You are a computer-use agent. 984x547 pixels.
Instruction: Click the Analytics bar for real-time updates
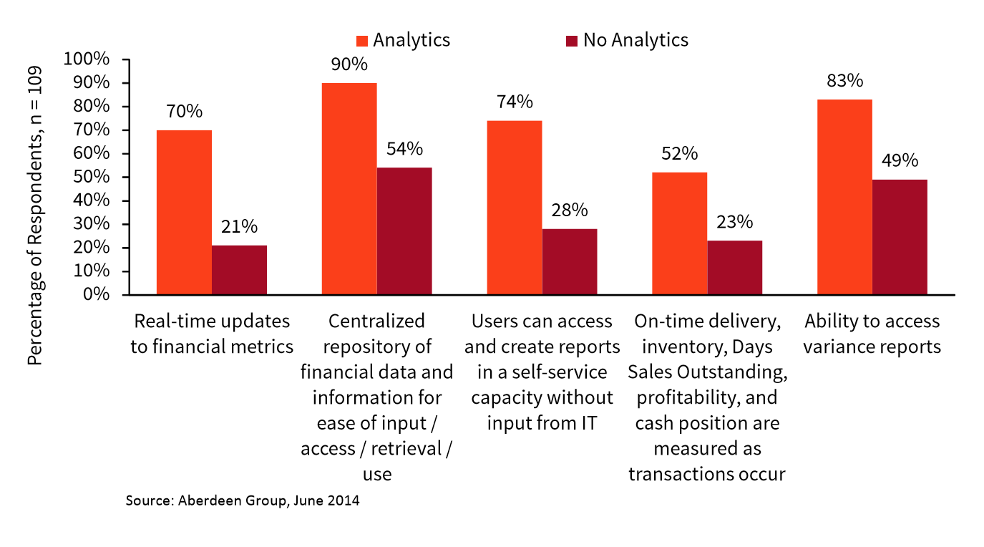(184, 213)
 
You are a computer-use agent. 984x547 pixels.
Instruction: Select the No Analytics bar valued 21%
(239, 270)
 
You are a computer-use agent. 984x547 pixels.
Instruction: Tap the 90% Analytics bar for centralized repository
(349, 189)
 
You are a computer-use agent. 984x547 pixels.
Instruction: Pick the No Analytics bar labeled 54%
(404, 231)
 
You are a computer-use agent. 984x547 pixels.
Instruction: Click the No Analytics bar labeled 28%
(570, 262)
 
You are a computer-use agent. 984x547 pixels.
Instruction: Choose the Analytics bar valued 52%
(679, 233)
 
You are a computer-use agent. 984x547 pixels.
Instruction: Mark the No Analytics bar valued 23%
(734, 268)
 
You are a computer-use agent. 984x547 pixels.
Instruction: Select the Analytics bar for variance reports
(844, 197)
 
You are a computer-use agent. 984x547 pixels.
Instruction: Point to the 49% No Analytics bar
(900, 237)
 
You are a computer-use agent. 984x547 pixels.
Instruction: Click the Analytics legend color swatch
(362, 41)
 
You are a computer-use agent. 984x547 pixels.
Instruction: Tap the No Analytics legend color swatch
(572, 41)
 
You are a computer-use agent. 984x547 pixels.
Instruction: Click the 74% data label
(515, 102)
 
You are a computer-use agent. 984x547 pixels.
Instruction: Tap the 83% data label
(844, 81)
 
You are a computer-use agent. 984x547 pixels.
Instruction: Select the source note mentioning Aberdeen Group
(242, 500)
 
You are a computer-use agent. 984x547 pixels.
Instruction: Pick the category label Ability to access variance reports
(871, 334)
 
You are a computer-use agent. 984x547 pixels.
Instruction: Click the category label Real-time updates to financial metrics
(212, 334)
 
